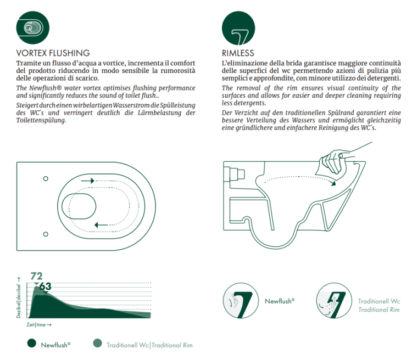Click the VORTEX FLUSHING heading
click(x=53, y=53)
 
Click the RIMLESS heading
click(x=238, y=53)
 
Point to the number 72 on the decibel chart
click(x=37, y=276)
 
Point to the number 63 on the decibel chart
click(x=46, y=286)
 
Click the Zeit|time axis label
click(x=39, y=325)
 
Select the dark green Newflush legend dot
click(x=31, y=344)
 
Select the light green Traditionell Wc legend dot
click(x=97, y=344)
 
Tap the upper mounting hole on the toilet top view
click(x=46, y=179)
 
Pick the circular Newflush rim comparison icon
click(x=241, y=300)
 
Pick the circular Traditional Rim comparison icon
click(x=335, y=300)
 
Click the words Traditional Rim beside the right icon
click(x=378, y=310)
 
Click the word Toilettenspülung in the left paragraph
click(x=41, y=120)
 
